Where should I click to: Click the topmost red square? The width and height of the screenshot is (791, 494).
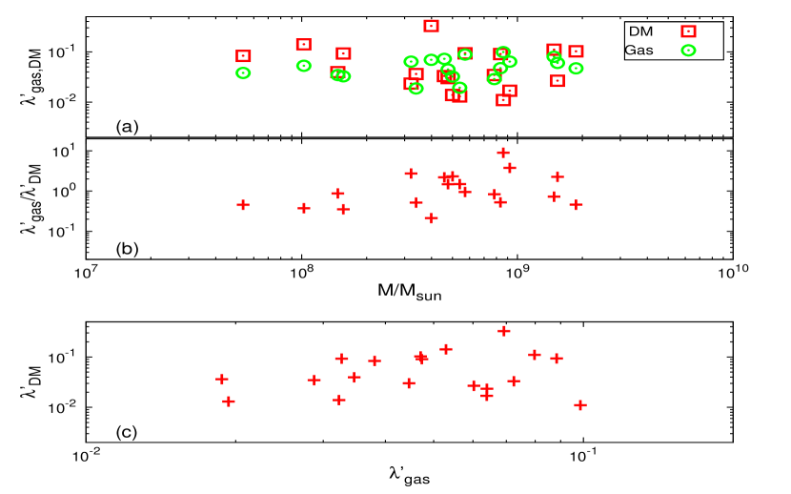431,27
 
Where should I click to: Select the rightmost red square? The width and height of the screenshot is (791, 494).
688,31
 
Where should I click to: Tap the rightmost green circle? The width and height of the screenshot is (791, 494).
688,51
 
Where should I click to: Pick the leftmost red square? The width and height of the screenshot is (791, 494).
243,56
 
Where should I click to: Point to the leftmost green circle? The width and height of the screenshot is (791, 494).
243,73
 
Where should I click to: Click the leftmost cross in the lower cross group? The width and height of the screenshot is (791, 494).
222,379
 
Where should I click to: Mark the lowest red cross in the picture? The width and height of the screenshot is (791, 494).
580,405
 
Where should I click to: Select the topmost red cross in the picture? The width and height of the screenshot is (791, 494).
503,153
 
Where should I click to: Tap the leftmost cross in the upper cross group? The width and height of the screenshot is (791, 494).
243,205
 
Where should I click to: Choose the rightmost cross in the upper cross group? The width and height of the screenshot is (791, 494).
576,205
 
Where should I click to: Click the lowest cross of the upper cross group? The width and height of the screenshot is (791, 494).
431,218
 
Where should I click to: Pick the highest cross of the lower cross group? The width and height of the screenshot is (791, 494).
504,331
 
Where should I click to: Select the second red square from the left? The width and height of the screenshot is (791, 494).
303,45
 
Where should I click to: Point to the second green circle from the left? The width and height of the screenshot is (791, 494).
303,66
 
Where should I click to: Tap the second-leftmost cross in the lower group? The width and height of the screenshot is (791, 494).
229,401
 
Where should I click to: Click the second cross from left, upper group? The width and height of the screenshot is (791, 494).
304,208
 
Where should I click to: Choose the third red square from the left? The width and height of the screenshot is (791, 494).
337,72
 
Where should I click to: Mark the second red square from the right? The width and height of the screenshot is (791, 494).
576,51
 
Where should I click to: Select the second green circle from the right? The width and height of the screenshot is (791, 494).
576,69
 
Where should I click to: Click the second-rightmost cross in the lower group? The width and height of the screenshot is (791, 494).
557,359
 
